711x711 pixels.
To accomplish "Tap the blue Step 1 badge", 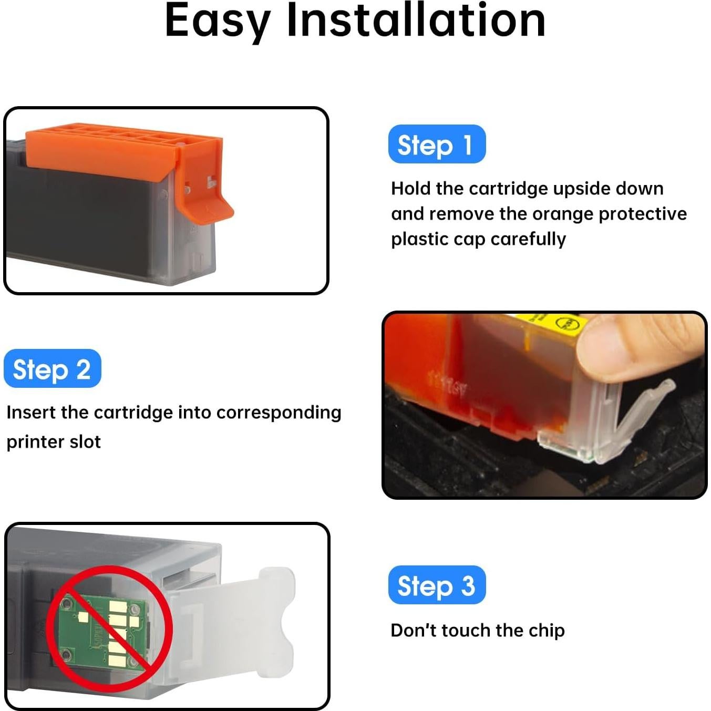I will click(436, 145).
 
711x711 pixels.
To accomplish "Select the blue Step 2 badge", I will click(52, 369).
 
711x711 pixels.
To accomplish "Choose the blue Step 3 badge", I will click(436, 585).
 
